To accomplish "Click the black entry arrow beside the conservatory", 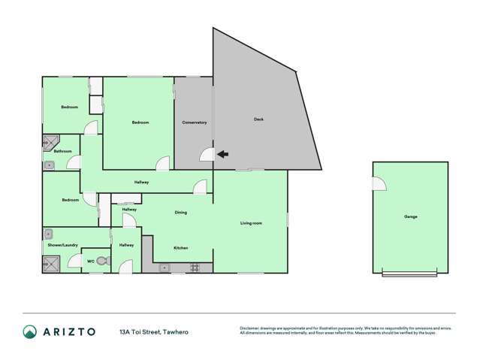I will (x=222, y=156).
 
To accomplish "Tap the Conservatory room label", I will (x=195, y=123).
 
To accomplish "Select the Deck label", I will (x=258, y=119).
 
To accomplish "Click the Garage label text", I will (x=411, y=216).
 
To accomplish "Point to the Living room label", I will (x=251, y=223).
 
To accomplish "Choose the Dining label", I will (x=181, y=213).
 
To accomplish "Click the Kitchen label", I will (x=180, y=248).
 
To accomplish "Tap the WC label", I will (x=91, y=261).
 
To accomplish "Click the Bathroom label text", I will (x=62, y=152).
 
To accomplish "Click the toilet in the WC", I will (x=103, y=262).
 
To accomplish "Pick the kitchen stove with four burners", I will (x=195, y=267).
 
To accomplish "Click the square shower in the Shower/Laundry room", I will (x=51, y=264).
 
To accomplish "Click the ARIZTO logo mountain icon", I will (x=30, y=331).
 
